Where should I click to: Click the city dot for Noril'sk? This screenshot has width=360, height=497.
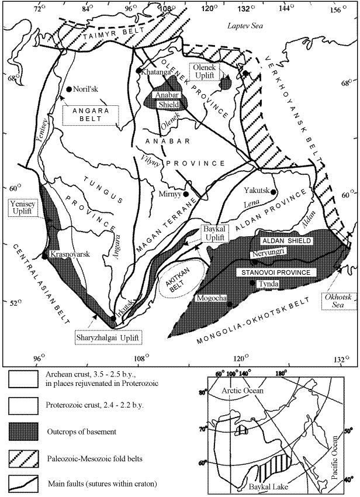pos(69,89)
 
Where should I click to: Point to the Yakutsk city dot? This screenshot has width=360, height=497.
pos(274,191)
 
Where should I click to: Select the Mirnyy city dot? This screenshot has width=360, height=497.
pos(186,194)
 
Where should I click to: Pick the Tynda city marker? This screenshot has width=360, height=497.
pos(252,283)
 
